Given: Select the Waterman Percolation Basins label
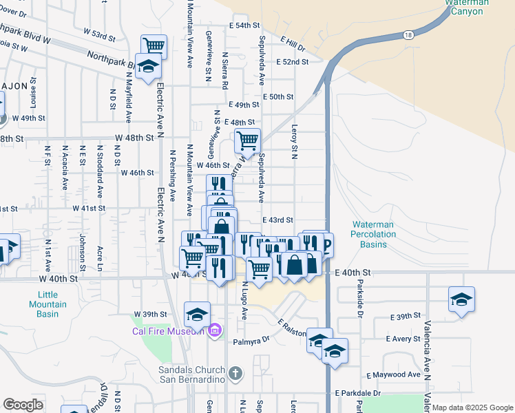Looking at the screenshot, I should [374, 234].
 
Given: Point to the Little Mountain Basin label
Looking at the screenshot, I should [48, 304].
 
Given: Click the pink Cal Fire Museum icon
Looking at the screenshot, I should [214, 331].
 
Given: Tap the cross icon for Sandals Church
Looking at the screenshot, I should [235, 374].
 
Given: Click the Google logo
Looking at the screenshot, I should [23, 405].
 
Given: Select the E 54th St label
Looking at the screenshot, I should [248, 25].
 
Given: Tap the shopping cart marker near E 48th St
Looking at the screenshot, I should [246, 141].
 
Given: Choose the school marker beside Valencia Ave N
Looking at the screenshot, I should [461, 300].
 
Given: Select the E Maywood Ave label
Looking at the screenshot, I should [393, 375].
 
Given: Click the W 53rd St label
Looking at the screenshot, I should [99, 33].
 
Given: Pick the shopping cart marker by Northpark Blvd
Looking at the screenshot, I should [154, 46].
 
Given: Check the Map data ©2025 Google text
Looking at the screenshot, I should [472, 407].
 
